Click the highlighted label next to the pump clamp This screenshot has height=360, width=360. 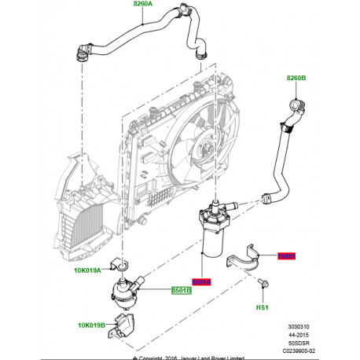coord(288,255)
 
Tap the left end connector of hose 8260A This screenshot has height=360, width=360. coord(81,54)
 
